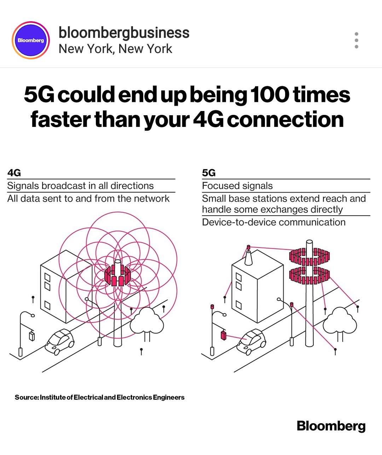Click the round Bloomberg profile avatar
pyautogui.click(x=31, y=40)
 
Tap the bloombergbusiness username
pyautogui.click(x=124, y=33)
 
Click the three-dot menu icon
pyautogui.click(x=356, y=40)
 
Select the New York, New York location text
pyautogui.click(x=115, y=49)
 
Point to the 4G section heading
pyautogui.click(x=14, y=173)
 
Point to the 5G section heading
pyautogui.click(x=209, y=173)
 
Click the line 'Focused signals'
pyautogui.click(x=237, y=186)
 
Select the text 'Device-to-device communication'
pyautogui.click(x=273, y=222)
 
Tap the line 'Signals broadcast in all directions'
pyautogui.click(x=80, y=186)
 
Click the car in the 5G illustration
pyautogui.click(x=251, y=342)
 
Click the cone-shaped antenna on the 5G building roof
pyautogui.click(x=249, y=258)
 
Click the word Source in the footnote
pyautogui.click(x=27, y=397)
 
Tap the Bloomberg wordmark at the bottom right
pyautogui.click(x=331, y=426)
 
